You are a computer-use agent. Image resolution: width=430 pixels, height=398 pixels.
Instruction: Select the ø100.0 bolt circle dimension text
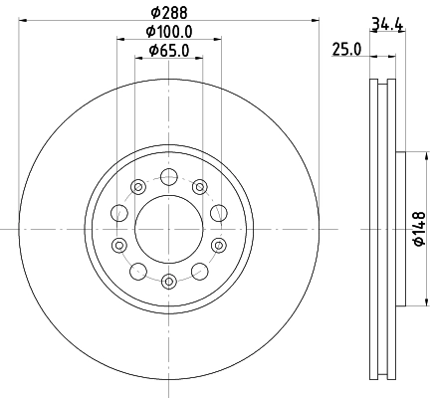[168, 32]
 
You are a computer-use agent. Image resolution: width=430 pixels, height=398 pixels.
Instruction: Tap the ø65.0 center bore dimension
[168, 50]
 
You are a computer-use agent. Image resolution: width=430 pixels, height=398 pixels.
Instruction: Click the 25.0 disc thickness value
[346, 50]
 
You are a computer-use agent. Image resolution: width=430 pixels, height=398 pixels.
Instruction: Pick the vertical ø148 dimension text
[419, 228]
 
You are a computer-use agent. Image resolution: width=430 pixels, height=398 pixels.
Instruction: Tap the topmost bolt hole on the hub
[169, 178]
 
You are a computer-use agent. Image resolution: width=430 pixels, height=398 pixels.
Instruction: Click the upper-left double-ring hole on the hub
[137, 186]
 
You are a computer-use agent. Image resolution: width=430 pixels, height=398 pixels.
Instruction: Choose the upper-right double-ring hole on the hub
[200, 186]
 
